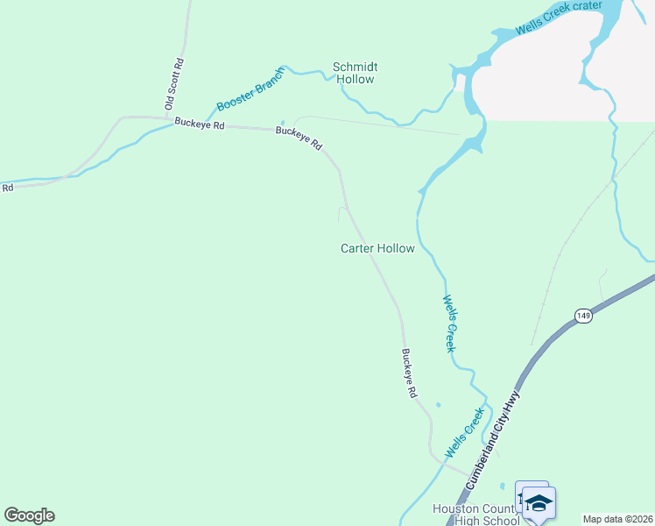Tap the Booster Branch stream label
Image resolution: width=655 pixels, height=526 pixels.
tap(251, 89)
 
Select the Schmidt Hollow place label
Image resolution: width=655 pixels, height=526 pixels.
tap(354, 73)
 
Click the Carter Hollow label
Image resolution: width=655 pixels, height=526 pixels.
tap(377, 249)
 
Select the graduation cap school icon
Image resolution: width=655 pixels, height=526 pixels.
tap(539, 503)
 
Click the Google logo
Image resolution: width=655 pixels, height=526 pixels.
tap(29, 515)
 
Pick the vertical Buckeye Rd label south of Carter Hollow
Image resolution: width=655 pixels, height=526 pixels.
tap(408, 374)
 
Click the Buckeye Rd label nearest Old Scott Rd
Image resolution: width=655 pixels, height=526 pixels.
tap(200, 124)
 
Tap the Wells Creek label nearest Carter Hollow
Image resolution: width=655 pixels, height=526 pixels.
tap(449, 323)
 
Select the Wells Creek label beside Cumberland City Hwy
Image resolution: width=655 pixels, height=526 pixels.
tap(465, 434)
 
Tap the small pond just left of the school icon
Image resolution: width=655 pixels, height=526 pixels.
tap(503, 486)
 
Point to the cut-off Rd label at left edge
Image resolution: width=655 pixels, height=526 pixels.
tap(7, 187)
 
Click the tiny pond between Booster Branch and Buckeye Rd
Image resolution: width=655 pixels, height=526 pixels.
tap(282, 123)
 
